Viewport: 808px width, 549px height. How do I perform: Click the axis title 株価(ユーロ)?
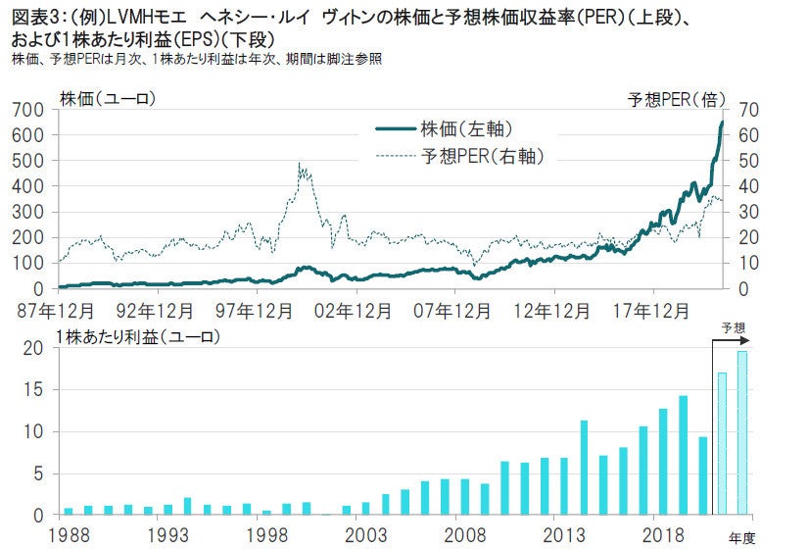(x=108, y=98)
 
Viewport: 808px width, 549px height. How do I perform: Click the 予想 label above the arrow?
(x=733, y=327)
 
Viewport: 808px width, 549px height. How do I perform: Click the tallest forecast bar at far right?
(x=741, y=432)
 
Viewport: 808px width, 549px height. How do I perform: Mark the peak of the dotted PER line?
(x=299, y=164)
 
